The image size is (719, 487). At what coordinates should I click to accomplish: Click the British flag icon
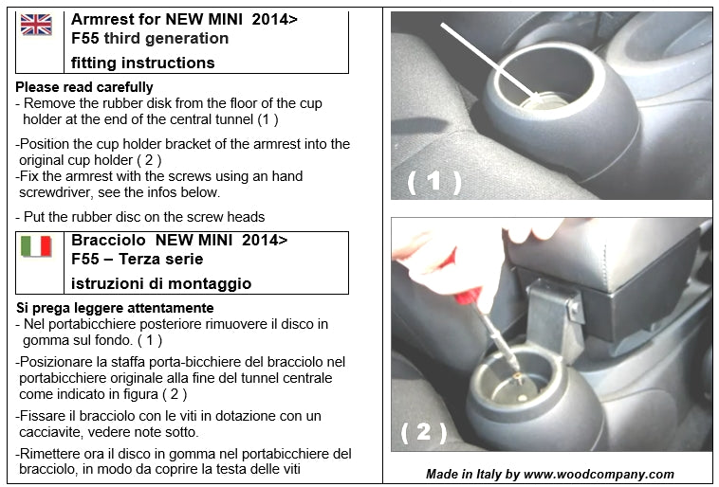pyautogui.click(x=36, y=25)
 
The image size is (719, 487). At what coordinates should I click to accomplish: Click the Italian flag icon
pyautogui.click(x=36, y=246)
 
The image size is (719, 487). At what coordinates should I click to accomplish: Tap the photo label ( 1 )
pyautogui.click(x=433, y=181)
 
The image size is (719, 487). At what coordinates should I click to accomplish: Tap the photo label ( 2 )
pyautogui.click(x=424, y=432)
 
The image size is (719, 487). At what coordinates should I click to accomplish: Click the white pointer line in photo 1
pyautogui.click(x=490, y=62)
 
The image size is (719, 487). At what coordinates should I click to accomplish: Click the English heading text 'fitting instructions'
pyautogui.click(x=142, y=63)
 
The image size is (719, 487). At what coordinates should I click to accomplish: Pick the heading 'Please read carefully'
pyautogui.click(x=84, y=87)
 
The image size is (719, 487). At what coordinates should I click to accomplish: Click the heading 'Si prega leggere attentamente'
pyautogui.click(x=115, y=308)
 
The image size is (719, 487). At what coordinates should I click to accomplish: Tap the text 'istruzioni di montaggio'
pyautogui.click(x=161, y=283)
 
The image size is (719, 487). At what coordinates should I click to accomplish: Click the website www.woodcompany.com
pyautogui.click(x=599, y=474)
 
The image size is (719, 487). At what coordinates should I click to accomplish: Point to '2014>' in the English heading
pyautogui.click(x=274, y=19)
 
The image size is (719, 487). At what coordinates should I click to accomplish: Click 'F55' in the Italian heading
pyautogui.click(x=85, y=260)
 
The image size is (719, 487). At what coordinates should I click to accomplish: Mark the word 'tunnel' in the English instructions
pyautogui.click(x=230, y=119)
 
